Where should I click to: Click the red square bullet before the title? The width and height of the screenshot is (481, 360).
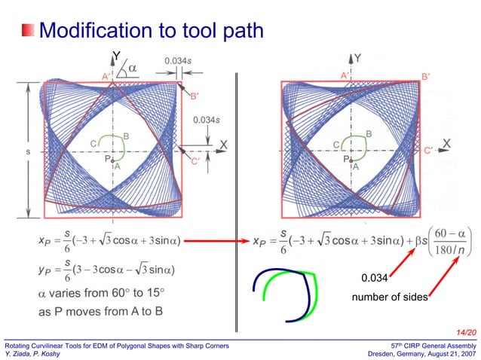click(28, 31)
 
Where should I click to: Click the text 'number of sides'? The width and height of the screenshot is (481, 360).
click(388, 298)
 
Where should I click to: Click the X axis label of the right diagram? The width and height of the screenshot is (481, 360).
click(446, 143)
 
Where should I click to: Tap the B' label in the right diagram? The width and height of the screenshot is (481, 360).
click(426, 76)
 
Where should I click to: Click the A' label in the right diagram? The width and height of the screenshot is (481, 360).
click(344, 75)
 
